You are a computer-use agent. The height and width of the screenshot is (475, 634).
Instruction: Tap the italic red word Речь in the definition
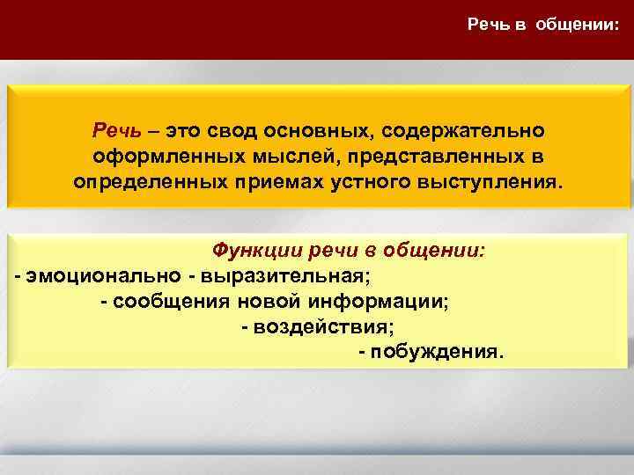[x=112, y=130]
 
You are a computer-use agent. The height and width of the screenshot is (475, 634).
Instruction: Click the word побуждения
[x=438, y=353]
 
